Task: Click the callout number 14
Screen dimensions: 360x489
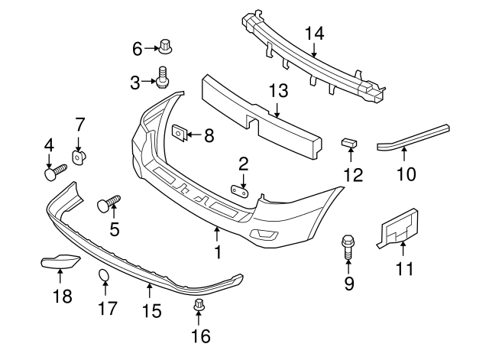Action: point(314,33)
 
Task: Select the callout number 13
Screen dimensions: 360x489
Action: point(277,92)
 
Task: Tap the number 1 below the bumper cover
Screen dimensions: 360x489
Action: point(218,251)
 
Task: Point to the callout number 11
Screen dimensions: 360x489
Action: point(403,268)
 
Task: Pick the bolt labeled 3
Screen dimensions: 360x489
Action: point(163,77)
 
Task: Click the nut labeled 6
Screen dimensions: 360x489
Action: point(165,47)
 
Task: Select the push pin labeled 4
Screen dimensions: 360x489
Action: point(51,174)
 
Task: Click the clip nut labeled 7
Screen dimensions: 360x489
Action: point(79,157)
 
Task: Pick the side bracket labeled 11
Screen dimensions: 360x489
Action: point(399,226)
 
